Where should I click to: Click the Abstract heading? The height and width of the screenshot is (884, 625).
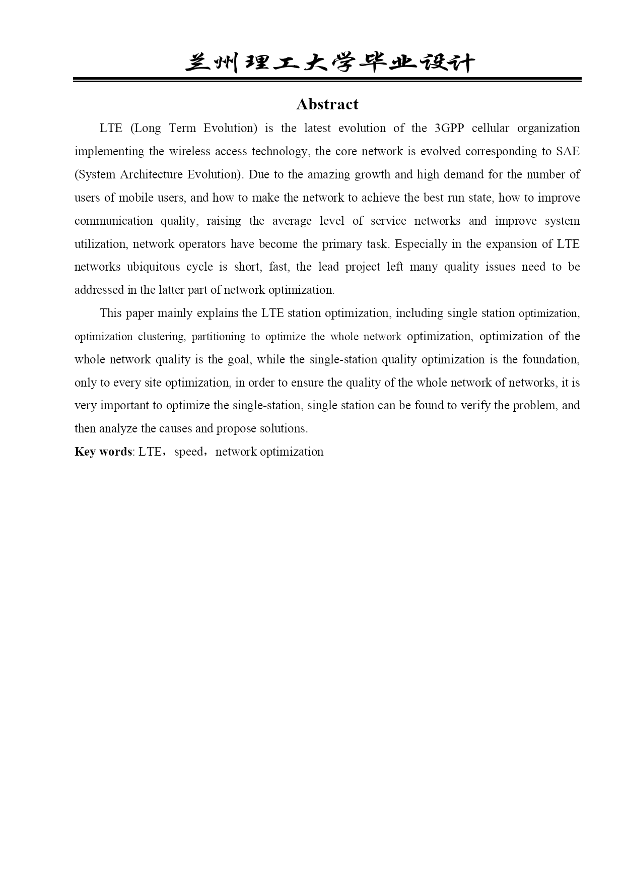[x=327, y=104]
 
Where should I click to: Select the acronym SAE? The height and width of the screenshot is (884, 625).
[x=568, y=151]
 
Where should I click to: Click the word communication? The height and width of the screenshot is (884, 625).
[x=113, y=221]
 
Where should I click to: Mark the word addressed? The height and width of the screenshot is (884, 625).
[x=98, y=290]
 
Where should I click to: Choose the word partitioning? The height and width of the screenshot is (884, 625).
[x=218, y=337]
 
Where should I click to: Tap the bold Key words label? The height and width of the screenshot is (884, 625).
[x=103, y=452]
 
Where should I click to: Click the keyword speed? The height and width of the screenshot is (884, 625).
[x=189, y=452]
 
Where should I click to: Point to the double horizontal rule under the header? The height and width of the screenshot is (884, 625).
[x=327, y=80]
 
